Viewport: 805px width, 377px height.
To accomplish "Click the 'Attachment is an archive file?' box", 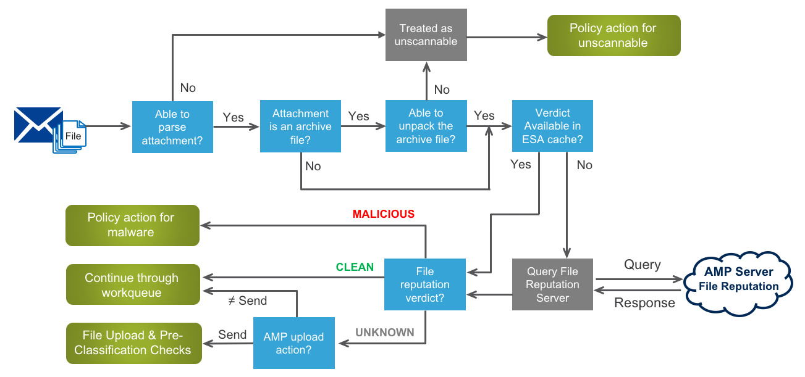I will (x=300, y=127).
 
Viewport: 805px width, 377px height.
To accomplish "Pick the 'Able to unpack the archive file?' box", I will (x=426, y=126).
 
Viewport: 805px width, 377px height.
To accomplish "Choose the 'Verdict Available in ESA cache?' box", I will (x=552, y=126).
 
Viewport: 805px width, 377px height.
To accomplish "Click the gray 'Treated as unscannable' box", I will (x=426, y=35).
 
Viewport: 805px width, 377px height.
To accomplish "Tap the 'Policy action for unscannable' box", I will (x=613, y=36).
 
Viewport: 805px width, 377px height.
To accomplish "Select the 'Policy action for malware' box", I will (x=132, y=225).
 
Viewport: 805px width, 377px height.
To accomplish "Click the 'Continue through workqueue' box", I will (x=132, y=284).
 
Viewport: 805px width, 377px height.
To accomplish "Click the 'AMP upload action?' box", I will (x=293, y=343).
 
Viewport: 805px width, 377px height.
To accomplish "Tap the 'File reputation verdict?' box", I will (x=424, y=284).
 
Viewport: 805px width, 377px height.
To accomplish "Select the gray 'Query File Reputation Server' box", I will (x=552, y=284).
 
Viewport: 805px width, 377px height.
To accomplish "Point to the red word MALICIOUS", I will (x=383, y=214).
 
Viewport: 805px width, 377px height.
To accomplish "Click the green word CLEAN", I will (x=355, y=267).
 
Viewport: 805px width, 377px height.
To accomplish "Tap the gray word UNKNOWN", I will (x=384, y=333).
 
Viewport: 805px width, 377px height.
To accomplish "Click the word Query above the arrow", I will (x=642, y=265).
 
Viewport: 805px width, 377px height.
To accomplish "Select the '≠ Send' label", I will (x=248, y=301).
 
